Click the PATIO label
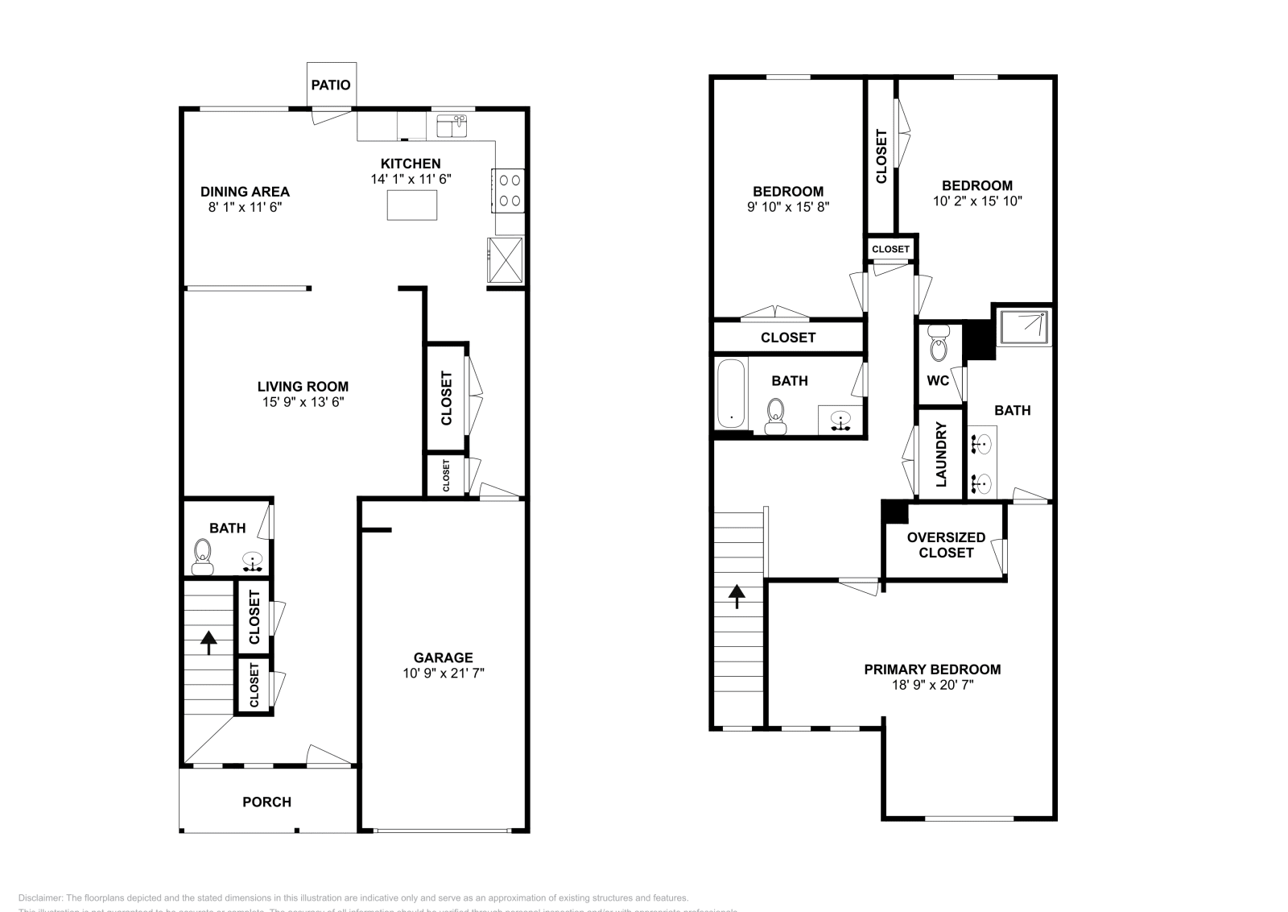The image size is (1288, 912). coord(331,85)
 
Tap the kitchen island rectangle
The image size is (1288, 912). coord(412,205)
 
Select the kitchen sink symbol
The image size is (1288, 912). coord(452,126)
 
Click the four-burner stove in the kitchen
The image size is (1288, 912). coord(509,191)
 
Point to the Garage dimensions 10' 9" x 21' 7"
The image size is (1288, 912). coord(444,673)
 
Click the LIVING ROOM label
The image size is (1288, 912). coord(303,386)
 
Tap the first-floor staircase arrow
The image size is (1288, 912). coord(208,643)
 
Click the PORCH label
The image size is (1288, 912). coord(266,802)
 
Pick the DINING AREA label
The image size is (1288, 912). coord(245,192)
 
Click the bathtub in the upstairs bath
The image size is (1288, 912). coord(731,393)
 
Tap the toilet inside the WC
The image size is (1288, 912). coord(939,343)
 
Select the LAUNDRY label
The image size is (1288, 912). coord(941,454)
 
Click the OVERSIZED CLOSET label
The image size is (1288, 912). coord(946,545)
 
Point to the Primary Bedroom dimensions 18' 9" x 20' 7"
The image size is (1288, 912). coord(932,685)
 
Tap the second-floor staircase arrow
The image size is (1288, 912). coord(737,596)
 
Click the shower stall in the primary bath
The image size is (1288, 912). coord(1024,326)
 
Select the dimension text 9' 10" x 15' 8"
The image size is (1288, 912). coord(787,206)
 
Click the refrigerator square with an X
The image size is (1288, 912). coord(505,259)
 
